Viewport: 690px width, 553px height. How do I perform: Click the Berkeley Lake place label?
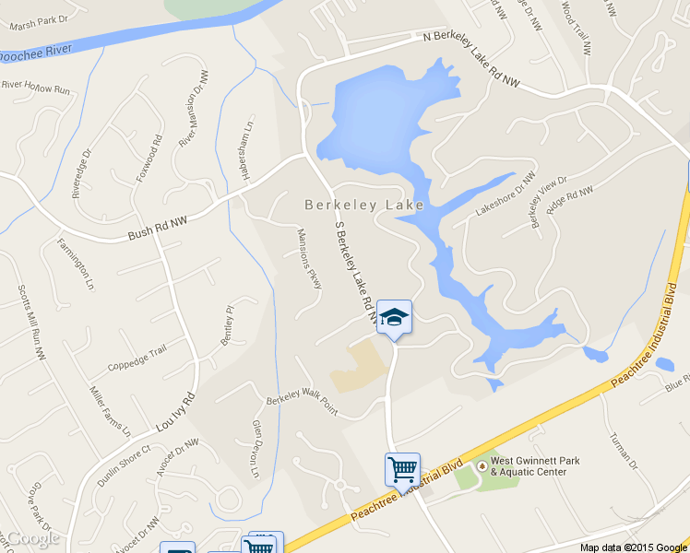(364, 205)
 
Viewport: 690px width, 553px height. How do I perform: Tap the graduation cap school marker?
(394, 317)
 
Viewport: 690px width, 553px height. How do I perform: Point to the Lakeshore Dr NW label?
(505, 194)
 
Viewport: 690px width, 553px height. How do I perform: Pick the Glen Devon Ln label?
(257, 450)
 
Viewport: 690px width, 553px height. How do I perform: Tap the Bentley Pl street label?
(228, 324)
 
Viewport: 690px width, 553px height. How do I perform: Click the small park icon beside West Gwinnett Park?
(480, 465)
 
